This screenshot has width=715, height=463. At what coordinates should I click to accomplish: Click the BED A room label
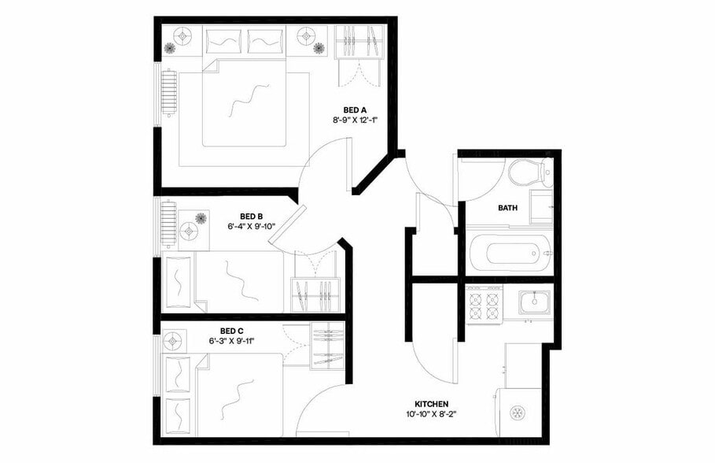355,109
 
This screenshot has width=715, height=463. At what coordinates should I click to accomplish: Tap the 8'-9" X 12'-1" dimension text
355,121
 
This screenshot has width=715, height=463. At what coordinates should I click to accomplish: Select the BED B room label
251,217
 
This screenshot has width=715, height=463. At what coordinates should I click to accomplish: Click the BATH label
507,209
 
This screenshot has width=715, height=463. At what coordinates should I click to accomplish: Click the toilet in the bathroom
522,171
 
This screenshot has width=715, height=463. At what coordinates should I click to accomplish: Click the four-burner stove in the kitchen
485,304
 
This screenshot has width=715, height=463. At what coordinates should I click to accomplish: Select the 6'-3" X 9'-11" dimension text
231,342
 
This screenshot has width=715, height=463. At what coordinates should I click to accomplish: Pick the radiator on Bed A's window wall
168,93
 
